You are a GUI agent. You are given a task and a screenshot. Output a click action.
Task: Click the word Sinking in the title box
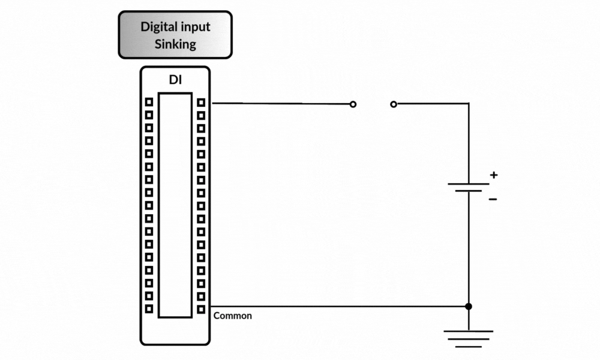tap(175, 44)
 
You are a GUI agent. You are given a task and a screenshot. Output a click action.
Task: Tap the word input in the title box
tap(195, 27)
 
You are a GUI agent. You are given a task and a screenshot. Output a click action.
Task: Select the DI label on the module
tap(175, 80)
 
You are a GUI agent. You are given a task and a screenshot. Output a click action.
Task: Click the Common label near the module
tap(233, 316)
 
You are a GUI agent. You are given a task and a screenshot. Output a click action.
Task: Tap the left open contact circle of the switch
tap(353, 104)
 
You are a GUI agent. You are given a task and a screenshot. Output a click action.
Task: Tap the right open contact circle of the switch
tap(394, 104)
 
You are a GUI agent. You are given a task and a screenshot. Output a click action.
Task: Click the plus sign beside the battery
tap(493, 175)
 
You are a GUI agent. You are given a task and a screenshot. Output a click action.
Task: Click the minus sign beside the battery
tap(493, 198)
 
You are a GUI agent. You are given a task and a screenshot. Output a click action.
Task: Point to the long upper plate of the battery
tap(469, 184)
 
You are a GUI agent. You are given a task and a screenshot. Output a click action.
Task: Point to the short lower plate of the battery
tap(469, 191)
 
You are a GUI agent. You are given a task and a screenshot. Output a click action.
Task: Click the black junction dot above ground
tap(469, 306)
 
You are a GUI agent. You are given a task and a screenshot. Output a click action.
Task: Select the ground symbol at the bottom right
tap(469, 338)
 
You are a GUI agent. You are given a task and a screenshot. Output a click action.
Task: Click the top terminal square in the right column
tap(201, 103)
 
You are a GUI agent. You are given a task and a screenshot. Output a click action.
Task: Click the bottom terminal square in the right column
tap(201, 309)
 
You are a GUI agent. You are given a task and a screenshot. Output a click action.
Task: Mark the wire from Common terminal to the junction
tap(336, 306)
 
